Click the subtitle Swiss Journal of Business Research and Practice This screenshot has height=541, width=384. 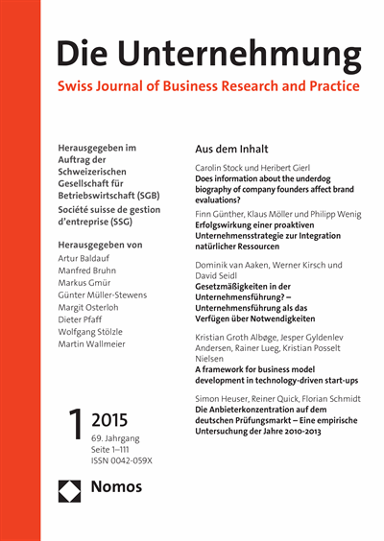[x=208, y=86]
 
